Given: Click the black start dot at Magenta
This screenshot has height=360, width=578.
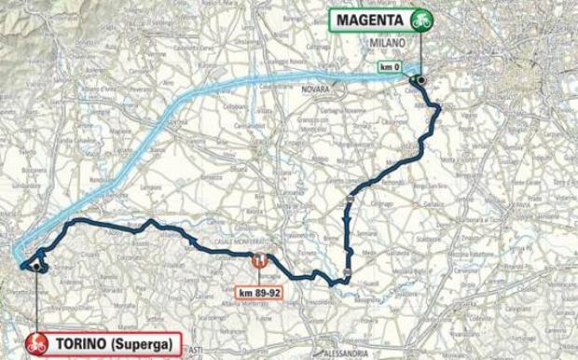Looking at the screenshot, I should coord(421,81).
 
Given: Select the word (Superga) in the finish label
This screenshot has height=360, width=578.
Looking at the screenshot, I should coord(141,343).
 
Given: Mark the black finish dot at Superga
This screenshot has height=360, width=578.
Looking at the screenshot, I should coord(36,267).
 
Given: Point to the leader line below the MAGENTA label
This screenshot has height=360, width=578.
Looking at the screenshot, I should coord(421,51).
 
